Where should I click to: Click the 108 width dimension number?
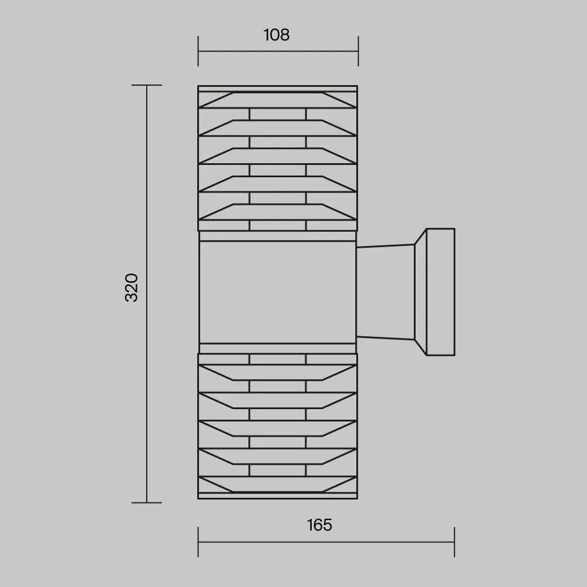(x=276, y=35)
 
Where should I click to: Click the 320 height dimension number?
(x=131, y=288)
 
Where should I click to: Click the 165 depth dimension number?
(x=319, y=525)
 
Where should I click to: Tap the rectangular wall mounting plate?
(x=441, y=292)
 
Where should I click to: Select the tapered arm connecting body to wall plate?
(x=386, y=292)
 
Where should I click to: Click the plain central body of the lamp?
(x=278, y=292)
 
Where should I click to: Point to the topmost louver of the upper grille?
(x=278, y=100)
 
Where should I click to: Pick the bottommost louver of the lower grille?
(x=278, y=484)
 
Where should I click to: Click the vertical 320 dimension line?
(x=147, y=294)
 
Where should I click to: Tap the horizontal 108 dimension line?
(x=278, y=51)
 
